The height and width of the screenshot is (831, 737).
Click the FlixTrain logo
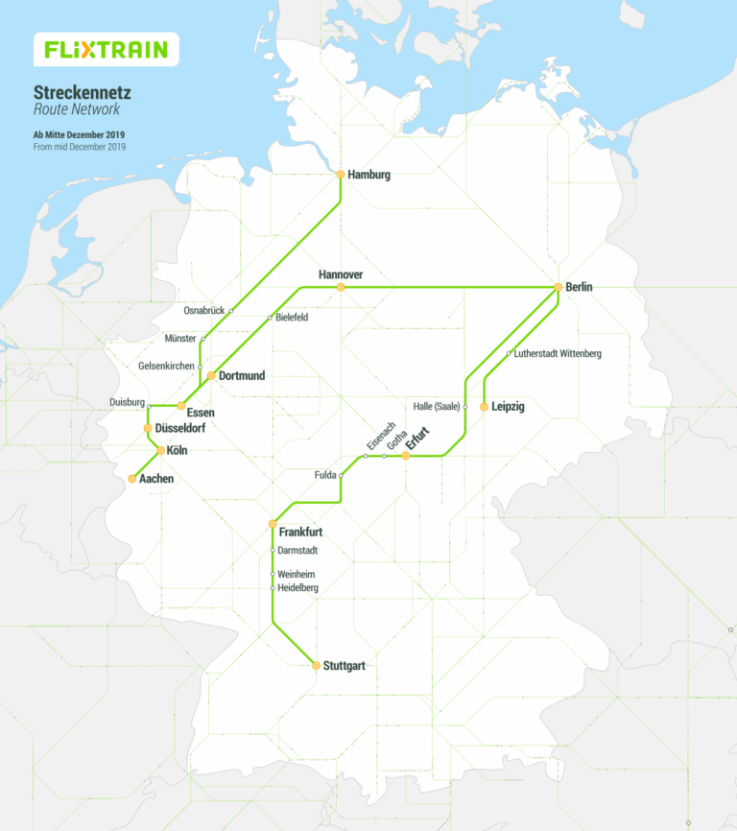(106, 49)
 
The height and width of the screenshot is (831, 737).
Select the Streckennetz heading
(82, 93)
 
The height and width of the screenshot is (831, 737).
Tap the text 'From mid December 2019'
(79, 147)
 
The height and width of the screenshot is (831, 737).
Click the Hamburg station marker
(341, 175)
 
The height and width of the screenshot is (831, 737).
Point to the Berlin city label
(580, 287)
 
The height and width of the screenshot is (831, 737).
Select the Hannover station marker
(341, 287)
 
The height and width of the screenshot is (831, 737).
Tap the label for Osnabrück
(202, 311)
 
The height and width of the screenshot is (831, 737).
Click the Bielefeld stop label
(292, 318)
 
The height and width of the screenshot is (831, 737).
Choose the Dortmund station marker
(211, 375)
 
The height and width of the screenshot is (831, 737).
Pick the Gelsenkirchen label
(167, 367)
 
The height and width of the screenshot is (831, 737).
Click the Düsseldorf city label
(179, 428)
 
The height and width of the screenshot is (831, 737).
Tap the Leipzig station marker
(484, 407)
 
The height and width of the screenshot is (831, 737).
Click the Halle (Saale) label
(436, 407)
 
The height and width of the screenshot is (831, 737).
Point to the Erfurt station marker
(406, 456)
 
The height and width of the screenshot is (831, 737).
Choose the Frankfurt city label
(300, 532)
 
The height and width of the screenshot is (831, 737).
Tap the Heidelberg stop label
(297, 587)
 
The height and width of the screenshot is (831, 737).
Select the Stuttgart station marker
(316, 665)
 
